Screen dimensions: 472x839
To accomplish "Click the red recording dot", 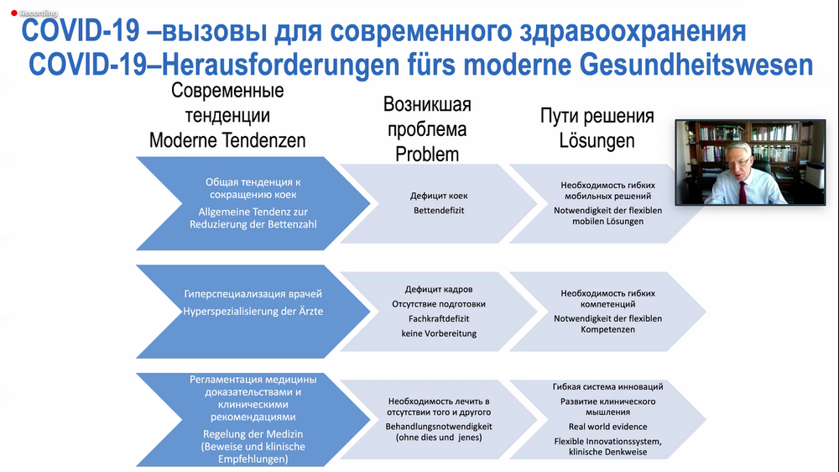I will (x=13, y=13).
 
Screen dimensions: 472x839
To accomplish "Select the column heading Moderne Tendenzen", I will (x=227, y=140).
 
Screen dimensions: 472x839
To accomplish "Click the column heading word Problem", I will (x=427, y=154).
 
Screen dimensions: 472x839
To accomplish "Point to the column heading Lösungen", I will (x=597, y=140).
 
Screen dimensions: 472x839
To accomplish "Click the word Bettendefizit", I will (x=439, y=210).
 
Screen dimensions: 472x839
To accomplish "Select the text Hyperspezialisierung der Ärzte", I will (x=253, y=311).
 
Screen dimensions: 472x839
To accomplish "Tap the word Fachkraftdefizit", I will (x=439, y=318).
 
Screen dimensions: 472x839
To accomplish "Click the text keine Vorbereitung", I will (x=439, y=333).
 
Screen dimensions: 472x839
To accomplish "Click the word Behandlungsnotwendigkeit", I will (x=439, y=427).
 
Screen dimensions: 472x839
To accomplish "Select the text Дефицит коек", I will (x=439, y=196).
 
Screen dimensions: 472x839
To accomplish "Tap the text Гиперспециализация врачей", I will (x=253, y=295).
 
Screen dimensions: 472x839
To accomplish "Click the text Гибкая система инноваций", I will (x=608, y=386).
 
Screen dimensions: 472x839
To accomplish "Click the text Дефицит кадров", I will (x=439, y=289).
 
